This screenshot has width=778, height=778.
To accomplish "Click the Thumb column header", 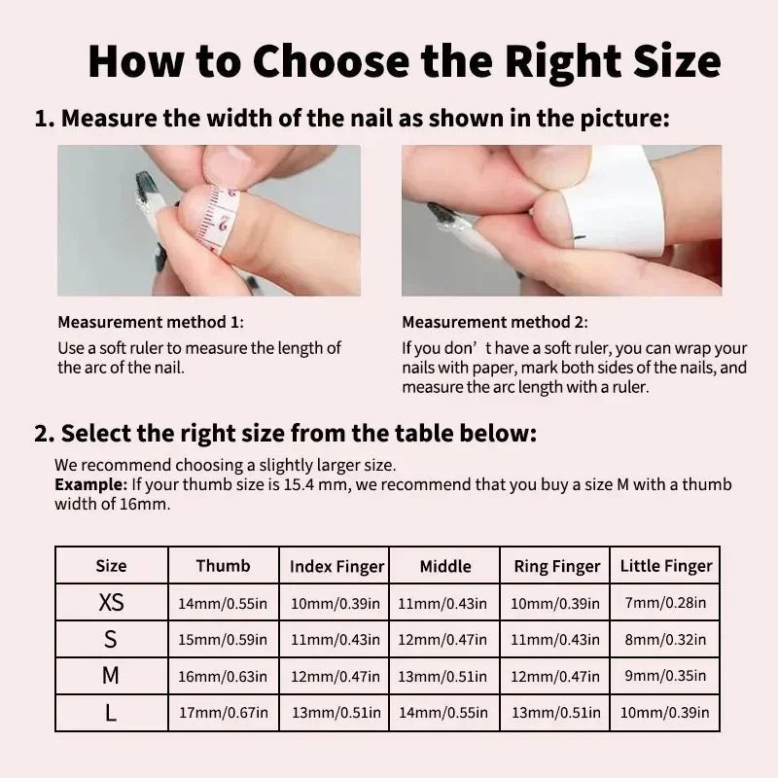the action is pyautogui.click(x=223, y=566).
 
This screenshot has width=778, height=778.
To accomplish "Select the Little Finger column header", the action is pyautogui.click(x=666, y=566).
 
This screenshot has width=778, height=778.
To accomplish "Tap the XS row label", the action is pyautogui.click(x=111, y=602).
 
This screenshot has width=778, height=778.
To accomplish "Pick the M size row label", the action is pyautogui.click(x=111, y=675).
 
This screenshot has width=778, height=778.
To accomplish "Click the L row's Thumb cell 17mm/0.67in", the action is pyautogui.click(x=224, y=713).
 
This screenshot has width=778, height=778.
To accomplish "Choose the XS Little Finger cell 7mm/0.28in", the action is pyautogui.click(x=665, y=602).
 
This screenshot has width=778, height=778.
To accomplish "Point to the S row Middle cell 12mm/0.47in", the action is pyautogui.click(x=442, y=640).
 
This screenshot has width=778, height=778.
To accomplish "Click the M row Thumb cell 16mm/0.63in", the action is pyautogui.click(x=223, y=676).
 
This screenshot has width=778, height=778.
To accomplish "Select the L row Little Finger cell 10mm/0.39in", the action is pyautogui.click(x=665, y=713).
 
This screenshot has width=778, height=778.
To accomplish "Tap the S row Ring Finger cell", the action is pyautogui.click(x=555, y=640).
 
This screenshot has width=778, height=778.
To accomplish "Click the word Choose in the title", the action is pyautogui.click(x=332, y=61).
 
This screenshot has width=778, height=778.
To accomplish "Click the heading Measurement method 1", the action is pyautogui.click(x=151, y=323).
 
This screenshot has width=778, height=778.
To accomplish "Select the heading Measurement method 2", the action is pyautogui.click(x=495, y=323).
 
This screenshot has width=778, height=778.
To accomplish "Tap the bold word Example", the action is pyautogui.click(x=90, y=484).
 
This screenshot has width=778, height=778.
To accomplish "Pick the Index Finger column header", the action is pyautogui.click(x=336, y=567).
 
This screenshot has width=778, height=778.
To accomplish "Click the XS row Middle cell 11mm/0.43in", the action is pyautogui.click(x=442, y=603).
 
